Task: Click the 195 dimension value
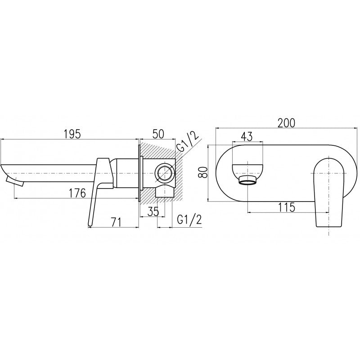tap(72, 134)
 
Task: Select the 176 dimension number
tap(77, 193)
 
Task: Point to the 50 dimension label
tap(159, 134)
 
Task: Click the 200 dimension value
tap(286, 122)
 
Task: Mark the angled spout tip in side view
tap(13, 180)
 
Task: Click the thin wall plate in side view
tap(141, 173)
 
